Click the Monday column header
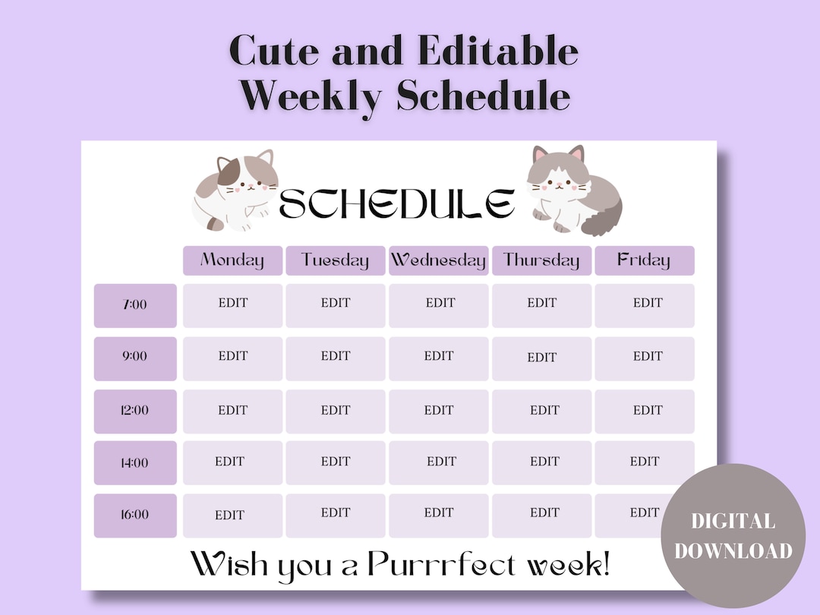click(232, 260)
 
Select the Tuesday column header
click(335, 260)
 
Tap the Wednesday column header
click(438, 260)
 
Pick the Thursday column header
click(541, 260)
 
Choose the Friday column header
click(644, 260)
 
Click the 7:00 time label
click(135, 305)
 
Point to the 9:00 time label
click(135, 357)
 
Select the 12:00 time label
click(135, 411)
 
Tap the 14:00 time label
click(135, 462)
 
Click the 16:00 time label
click(135, 515)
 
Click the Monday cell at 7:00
click(232, 305)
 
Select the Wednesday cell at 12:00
click(438, 411)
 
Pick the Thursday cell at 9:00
click(541, 358)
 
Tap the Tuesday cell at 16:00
click(335, 515)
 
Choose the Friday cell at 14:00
click(644, 462)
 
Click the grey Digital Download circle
click(733, 536)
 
